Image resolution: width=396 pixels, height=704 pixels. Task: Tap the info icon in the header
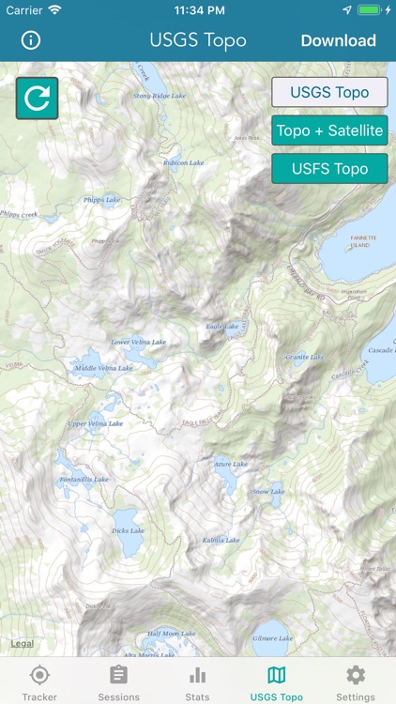[x=32, y=40]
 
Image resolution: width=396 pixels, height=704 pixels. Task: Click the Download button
[x=338, y=40]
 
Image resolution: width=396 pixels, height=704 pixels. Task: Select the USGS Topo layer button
[x=329, y=93]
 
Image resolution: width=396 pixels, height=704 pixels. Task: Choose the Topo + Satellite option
[x=329, y=130]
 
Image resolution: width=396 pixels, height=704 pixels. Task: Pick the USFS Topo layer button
[x=329, y=169]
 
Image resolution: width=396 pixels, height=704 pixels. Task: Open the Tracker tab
[x=39, y=682]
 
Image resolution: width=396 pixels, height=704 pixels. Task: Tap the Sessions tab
[x=118, y=682]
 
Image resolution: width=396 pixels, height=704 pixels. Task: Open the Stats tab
[x=197, y=682]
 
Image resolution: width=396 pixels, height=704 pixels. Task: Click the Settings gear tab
[x=356, y=682]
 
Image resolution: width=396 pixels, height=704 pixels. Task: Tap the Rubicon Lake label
[x=184, y=162]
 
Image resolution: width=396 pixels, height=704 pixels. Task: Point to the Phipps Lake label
[x=101, y=200]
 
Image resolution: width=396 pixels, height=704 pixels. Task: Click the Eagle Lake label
[x=222, y=327]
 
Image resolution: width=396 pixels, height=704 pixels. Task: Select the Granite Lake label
[x=305, y=357]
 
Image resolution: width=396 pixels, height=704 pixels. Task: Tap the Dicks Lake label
[x=128, y=530]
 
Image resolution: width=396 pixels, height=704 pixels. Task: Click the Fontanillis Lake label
[x=84, y=479]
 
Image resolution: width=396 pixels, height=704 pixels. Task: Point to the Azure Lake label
[x=231, y=464]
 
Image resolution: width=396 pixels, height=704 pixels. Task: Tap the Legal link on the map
[x=22, y=643]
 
